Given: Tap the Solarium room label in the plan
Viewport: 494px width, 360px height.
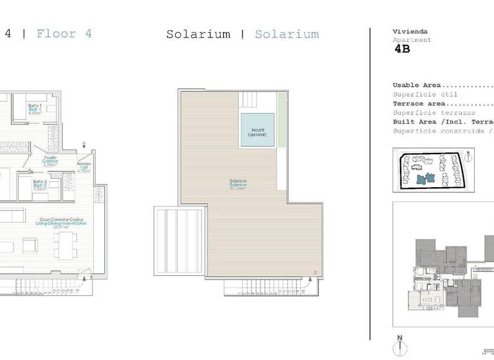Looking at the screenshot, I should click(238, 184).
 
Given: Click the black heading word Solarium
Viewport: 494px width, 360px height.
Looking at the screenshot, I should click(198, 34).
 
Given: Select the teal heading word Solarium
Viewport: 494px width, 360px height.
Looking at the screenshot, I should click(286, 34).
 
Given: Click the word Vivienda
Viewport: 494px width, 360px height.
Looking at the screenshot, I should click(410, 32).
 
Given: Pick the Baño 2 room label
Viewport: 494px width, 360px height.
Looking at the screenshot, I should click(40, 185).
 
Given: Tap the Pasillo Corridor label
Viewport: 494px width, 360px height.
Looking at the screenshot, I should click(50, 161).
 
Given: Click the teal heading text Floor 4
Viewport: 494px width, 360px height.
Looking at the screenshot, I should click(64, 33).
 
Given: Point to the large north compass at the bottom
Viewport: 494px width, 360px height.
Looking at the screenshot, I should click(399, 345).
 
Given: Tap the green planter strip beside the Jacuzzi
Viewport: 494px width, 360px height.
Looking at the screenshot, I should click(281, 141).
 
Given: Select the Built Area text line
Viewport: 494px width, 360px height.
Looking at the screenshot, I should click(443, 122).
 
